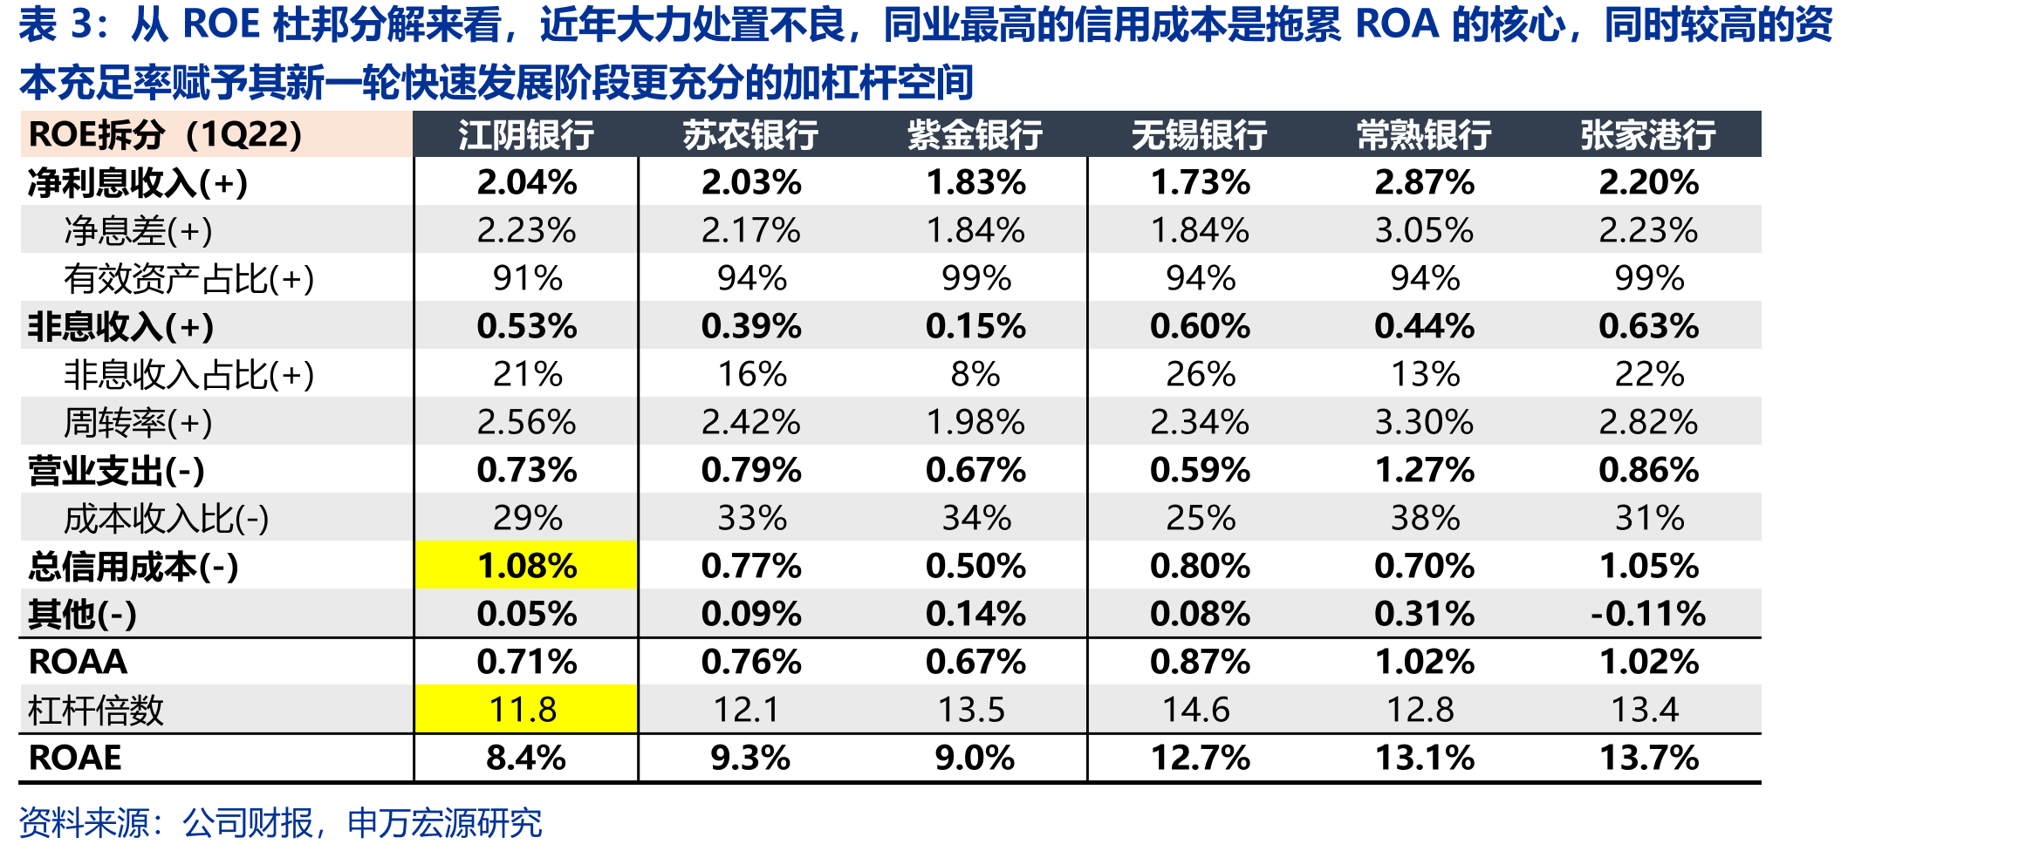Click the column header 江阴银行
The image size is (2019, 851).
(x=526, y=135)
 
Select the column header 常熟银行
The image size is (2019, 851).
(x=1424, y=135)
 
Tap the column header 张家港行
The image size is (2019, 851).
(x=1648, y=135)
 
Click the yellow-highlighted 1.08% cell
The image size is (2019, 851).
(x=526, y=565)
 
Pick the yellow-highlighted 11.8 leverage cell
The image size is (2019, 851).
(x=526, y=709)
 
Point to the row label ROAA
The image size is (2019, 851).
(x=78, y=662)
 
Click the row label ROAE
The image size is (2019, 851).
(x=75, y=758)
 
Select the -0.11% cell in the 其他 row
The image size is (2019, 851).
(x=1648, y=614)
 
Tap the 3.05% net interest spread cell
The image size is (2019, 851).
(x=1424, y=230)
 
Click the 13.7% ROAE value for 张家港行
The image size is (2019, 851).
(x=1648, y=758)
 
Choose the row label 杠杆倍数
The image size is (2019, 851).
(x=96, y=710)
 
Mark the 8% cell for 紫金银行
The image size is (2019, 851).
(x=975, y=374)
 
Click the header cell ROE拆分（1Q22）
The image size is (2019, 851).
(x=166, y=134)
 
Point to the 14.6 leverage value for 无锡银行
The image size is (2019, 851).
(x=1196, y=710)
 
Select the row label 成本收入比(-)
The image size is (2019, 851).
(x=166, y=519)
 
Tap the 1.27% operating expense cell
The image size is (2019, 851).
(x=1424, y=470)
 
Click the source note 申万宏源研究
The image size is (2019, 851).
(x=444, y=822)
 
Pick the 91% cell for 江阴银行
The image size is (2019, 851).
(x=527, y=278)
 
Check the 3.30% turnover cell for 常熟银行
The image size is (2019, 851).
(x=1424, y=422)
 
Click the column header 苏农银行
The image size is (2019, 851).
(x=750, y=135)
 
